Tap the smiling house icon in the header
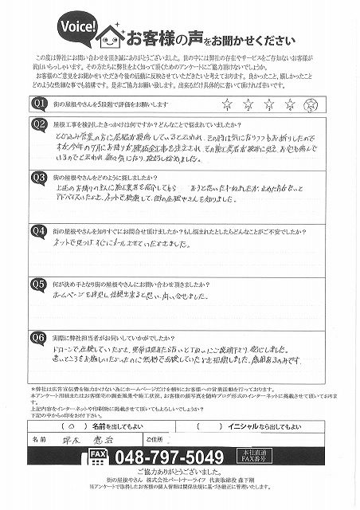pos(109,36)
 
